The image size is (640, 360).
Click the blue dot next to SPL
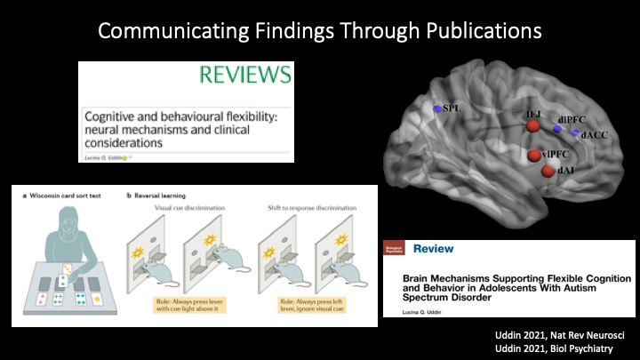(x=437, y=108)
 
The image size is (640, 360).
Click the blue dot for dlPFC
(x=557, y=129)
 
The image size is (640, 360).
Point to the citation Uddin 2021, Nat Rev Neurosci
(x=566, y=334)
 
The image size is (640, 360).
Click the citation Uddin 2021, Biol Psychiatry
(x=567, y=348)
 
